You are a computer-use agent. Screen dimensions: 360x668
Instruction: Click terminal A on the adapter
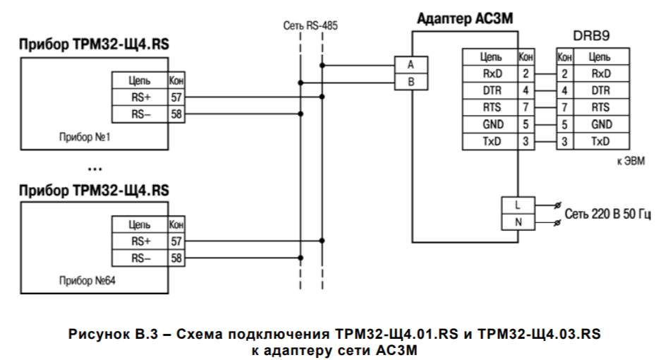(x=412, y=64)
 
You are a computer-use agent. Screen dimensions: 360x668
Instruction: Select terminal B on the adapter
(x=412, y=82)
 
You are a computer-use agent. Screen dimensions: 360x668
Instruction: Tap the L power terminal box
(x=518, y=205)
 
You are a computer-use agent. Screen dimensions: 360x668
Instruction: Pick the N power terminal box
(x=518, y=222)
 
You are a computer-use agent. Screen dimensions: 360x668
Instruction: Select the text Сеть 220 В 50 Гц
(x=612, y=215)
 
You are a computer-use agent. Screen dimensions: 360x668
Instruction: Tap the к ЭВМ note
(x=631, y=162)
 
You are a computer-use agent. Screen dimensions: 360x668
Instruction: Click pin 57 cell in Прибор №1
(x=176, y=97)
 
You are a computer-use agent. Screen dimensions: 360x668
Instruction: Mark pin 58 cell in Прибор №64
(x=176, y=258)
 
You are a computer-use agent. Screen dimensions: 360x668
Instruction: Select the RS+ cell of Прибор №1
(x=139, y=97)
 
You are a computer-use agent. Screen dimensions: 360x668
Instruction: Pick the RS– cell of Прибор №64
(x=139, y=258)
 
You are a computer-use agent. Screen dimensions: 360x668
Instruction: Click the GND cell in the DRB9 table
(x=600, y=125)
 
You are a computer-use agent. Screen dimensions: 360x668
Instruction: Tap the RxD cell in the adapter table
(x=490, y=73)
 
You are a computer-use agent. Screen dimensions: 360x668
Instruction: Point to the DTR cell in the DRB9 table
(x=600, y=90)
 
